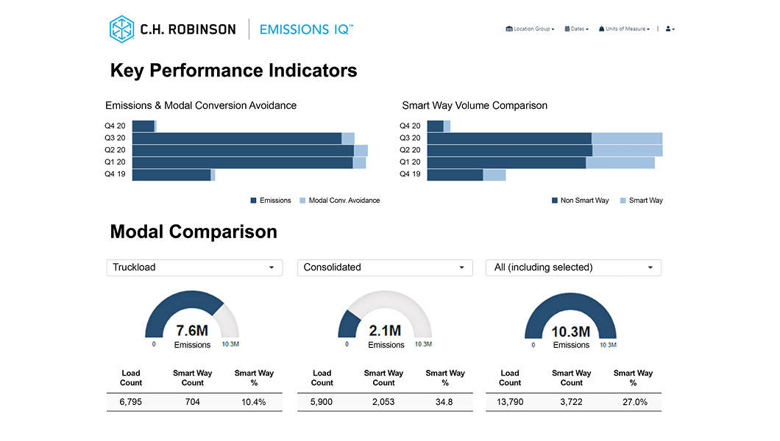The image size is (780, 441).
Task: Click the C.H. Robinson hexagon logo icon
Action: coord(121,29)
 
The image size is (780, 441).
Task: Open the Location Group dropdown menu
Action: coord(530,29)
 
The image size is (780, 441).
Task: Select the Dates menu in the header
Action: coord(577,29)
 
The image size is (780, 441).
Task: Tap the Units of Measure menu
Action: coord(624,29)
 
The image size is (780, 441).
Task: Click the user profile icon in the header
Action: coord(670,29)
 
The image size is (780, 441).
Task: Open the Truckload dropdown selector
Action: coord(194,268)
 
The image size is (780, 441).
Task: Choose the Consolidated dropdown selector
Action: coord(385,268)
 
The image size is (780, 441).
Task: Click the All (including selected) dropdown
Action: coord(573,268)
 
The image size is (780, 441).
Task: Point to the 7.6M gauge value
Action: coord(192,331)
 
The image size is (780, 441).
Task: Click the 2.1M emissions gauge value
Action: coord(386,331)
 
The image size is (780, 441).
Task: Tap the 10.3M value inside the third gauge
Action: coord(571,331)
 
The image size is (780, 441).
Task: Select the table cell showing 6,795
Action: coord(131,402)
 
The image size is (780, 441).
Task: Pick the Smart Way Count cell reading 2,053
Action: coord(383,402)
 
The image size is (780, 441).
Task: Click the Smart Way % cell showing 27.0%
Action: coord(634,402)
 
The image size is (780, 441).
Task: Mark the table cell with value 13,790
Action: coord(510,402)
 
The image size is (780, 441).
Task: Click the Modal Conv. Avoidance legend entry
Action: coord(340,201)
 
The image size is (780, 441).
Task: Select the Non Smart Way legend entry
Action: coord(581,201)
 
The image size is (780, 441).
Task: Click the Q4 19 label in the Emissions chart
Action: coord(115,174)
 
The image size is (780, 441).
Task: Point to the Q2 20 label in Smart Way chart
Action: coord(410,150)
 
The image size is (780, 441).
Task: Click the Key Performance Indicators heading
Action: coord(233,71)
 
